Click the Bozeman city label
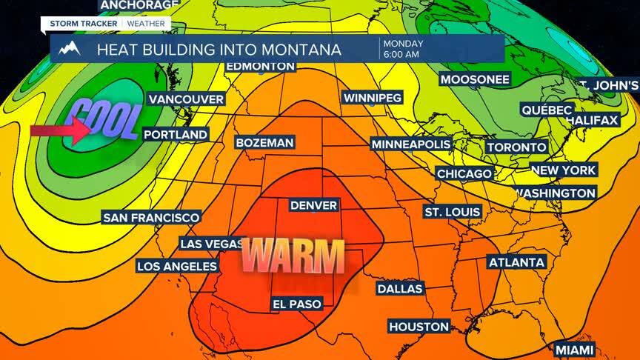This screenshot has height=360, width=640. click(264, 142)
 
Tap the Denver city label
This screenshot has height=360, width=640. click(313, 205)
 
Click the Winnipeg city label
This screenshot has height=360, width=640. click(372, 98)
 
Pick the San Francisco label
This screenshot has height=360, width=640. click(151, 217)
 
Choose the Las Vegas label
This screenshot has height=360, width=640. click(212, 244)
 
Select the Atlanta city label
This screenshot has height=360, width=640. click(516, 262)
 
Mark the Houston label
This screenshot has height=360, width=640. click(419, 326)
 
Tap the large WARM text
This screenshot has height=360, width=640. click(294, 256)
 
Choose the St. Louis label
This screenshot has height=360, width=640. click(452, 212)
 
